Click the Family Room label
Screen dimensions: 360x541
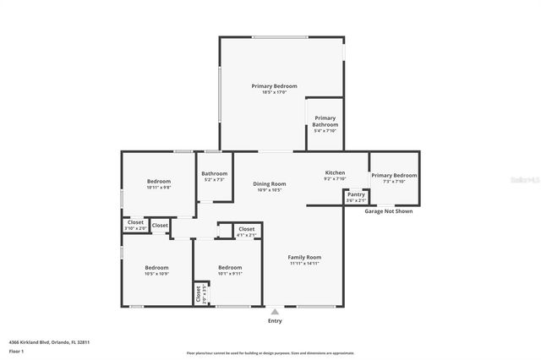click(304, 257)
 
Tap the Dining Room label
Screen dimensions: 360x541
click(270, 183)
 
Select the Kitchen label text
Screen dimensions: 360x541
click(335, 172)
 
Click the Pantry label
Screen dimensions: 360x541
click(356, 194)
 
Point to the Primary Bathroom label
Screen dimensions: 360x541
click(325, 121)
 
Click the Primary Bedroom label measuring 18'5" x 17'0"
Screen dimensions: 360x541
click(274, 86)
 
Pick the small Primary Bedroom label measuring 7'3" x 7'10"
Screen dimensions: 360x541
click(394, 175)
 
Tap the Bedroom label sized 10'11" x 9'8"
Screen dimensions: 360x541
click(159, 182)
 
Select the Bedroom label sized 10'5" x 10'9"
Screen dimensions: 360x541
click(156, 267)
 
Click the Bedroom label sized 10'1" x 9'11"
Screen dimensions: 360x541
click(230, 267)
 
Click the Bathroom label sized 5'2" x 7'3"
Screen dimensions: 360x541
click(214, 173)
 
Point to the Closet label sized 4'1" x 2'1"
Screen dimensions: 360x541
click(246, 229)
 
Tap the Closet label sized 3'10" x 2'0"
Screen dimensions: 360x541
click(135, 222)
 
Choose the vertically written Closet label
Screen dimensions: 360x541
click(199, 293)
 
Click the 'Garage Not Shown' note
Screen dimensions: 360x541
click(388, 211)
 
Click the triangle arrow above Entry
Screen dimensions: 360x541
click(274, 312)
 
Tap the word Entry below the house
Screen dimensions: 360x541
click(275, 320)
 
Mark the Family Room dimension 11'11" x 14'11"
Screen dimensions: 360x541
click(304, 264)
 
